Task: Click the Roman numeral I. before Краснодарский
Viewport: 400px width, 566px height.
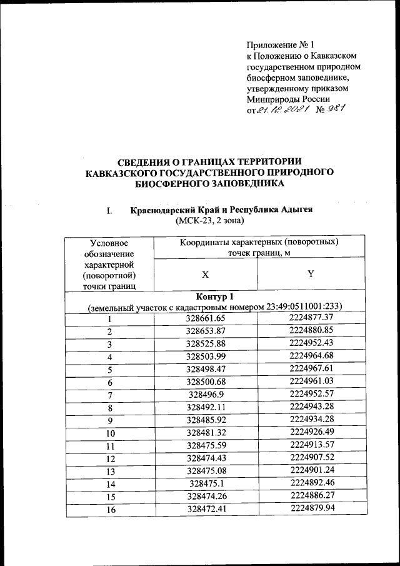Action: (109, 210)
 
